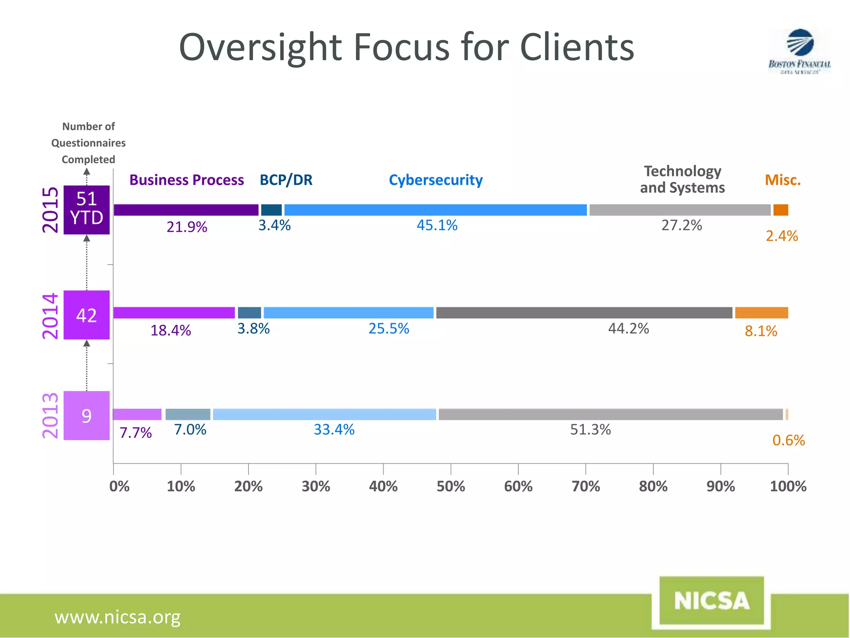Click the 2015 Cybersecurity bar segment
(x=435, y=210)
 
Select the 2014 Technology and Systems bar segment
(x=584, y=313)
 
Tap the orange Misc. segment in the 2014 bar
(x=761, y=313)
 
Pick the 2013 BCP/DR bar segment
(x=188, y=414)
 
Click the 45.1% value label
(x=437, y=226)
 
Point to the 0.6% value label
(x=788, y=440)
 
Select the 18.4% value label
(x=171, y=331)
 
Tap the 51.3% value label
(x=590, y=429)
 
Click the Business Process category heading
(x=186, y=180)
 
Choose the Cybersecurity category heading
(x=435, y=180)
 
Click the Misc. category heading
(x=782, y=180)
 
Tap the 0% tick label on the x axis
(x=119, y=486)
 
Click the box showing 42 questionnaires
(x=86, y=315)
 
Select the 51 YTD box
(x=86, y=209)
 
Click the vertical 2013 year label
(x=50, y=415)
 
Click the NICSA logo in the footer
(x=711, y=601)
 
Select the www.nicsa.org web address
(x=117, y=617)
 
